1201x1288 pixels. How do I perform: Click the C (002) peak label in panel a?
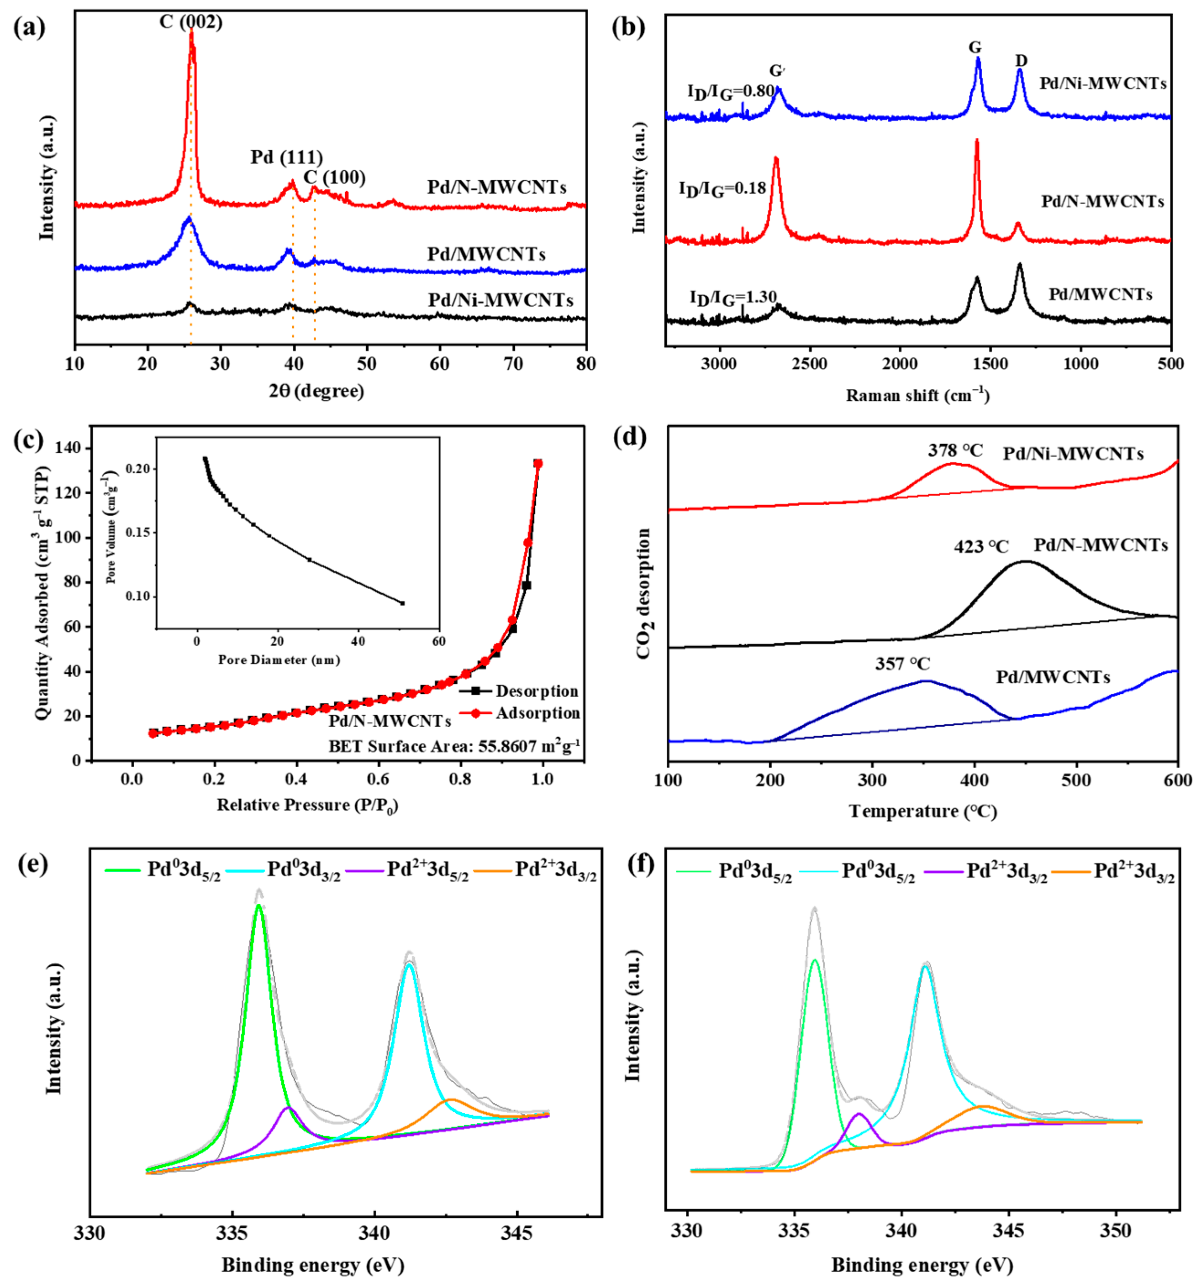click(x=190, y=22)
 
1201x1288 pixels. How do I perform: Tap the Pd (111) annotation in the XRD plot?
click(x=286, y=157)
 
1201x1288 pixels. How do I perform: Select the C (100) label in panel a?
click(x=334, y=177)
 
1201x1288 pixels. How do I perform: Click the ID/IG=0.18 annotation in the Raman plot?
click(x=722, y=189)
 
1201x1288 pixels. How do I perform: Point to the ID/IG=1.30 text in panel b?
click(x=732, y=298)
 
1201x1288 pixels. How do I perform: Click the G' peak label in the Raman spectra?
click(x=777, y=71)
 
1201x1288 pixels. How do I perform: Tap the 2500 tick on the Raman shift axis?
click(x=810, y=364)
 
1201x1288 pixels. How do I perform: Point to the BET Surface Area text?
click(x=454, y=746)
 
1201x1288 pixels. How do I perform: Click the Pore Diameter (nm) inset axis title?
click(x=279, y=660)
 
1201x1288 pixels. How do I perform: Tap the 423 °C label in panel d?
click(x=980, y=547)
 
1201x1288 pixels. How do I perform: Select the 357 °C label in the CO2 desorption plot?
click(x=902, y=664)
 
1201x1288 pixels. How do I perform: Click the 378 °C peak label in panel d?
click(x=955, y=450)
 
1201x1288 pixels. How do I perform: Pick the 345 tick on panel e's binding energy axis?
click(x=516, y=1231)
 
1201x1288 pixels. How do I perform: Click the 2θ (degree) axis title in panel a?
click(x=316, y=391)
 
